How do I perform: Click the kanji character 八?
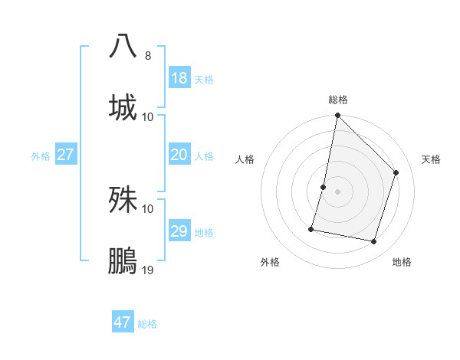coord(123,47)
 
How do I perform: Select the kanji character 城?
coord(123,107)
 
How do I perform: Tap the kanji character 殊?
coord(123,200)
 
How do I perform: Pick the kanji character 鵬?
coord(123,261)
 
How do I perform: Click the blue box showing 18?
coord(179,78)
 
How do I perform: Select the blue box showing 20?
coord(179,155)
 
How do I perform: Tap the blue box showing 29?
coord(179,231)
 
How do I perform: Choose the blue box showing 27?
coord(66,155)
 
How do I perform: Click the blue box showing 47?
coord(123,322)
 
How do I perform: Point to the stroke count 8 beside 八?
coord(148,56)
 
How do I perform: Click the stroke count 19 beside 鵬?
coord(148,270)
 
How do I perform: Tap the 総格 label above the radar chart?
coord(338,100)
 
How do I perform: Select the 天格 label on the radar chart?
coord(431,159)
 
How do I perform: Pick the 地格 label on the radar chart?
coord(402,262)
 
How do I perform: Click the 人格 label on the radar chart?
coord(245,159)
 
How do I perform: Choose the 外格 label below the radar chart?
coord(270,262)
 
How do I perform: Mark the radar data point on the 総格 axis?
coord(338,116)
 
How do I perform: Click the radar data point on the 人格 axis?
coord(324,187)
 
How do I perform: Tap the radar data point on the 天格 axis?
coord(396,172)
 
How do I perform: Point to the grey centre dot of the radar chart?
coord(338,191)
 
